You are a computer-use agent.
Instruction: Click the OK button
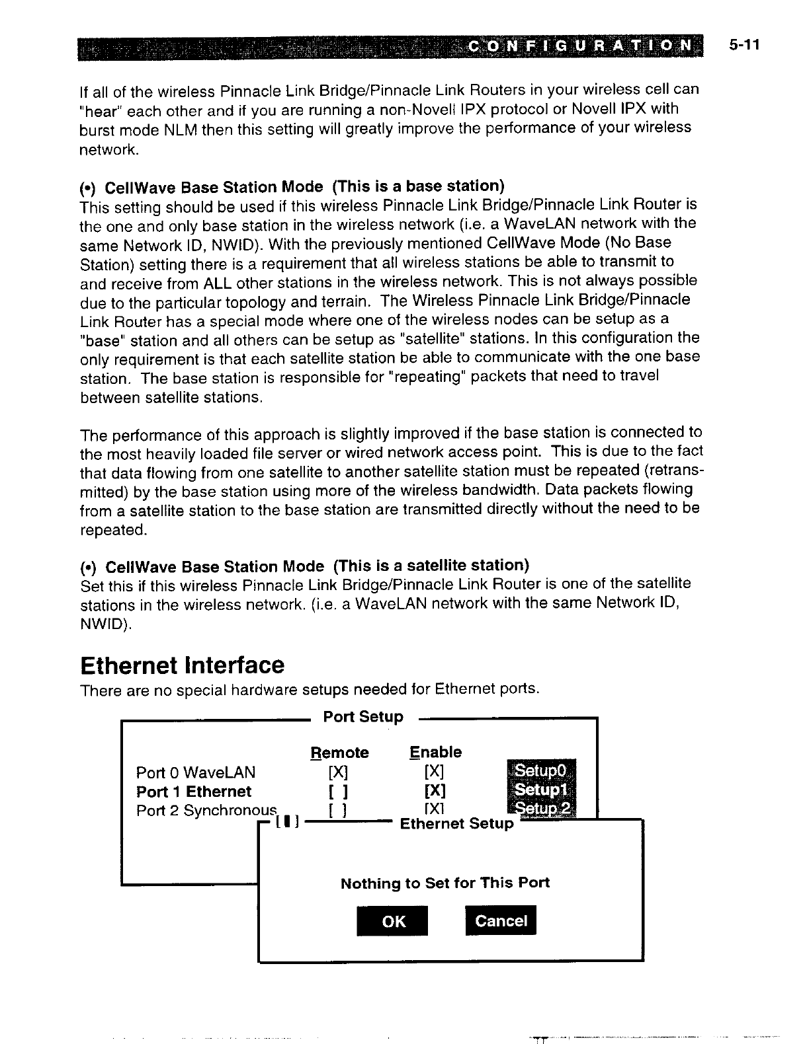tap(393, 921)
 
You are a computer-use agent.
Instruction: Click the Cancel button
tap(501, 920)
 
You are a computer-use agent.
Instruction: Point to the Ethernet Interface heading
tap(181, 665)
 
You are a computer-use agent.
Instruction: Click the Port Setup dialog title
tap(363, 717)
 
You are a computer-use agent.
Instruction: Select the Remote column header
tap(339, 753)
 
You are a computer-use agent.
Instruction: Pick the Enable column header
tap(435, 752)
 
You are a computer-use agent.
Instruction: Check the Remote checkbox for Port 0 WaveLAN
tap(338, 772)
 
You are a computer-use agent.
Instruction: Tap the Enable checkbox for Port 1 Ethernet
tap(435, 791)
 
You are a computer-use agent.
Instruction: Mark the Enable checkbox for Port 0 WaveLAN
tap(435, 772)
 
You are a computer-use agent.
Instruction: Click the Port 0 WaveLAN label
tap(195, 772)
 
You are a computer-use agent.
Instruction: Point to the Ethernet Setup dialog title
tap(456, 823)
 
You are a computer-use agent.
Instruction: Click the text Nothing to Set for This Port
tap(445, 883)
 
